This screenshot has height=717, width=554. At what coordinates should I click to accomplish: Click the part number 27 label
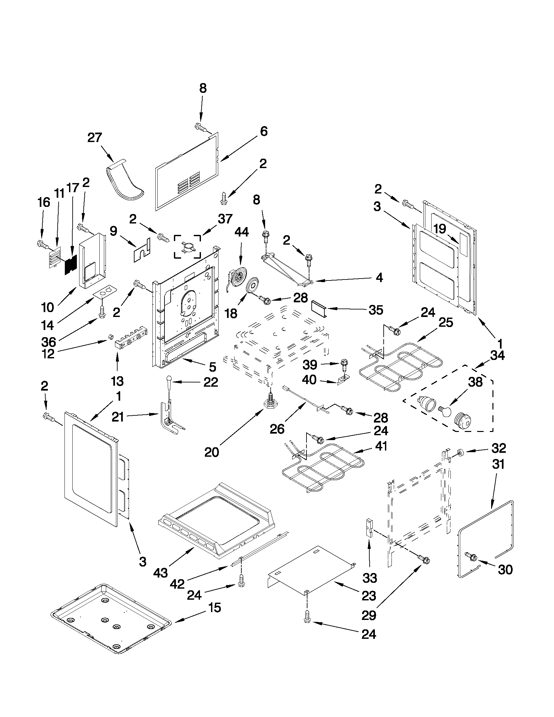[x=94, y=137]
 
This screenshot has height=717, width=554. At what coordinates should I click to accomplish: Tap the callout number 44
[x=241, y=232]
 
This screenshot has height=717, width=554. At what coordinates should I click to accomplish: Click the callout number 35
[x=376, y=309]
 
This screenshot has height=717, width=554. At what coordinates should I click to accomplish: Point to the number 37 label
[x=225, y=219]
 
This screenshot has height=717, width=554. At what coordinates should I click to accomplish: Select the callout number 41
[x=381, y=446]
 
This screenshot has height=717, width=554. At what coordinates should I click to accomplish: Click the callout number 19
[x=440, y=229]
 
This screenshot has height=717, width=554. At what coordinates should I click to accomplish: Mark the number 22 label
[x=211, y=382]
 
